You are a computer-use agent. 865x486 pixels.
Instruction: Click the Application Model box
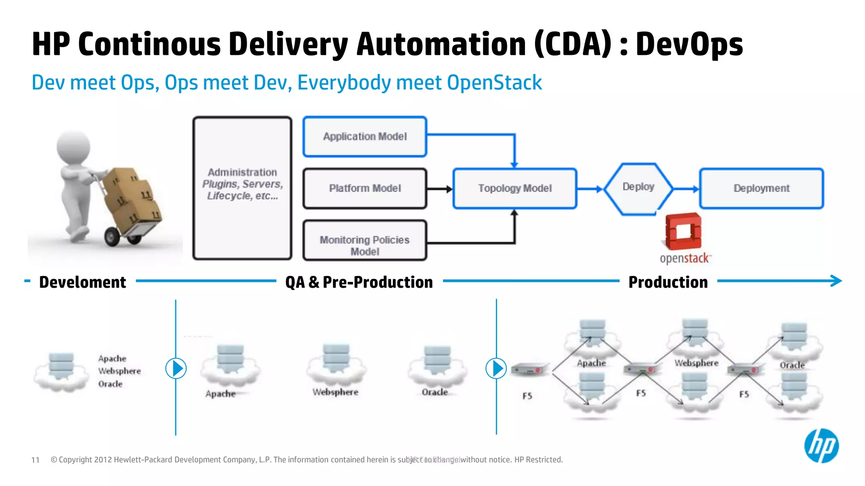pyautogui.click(x=365, y=137)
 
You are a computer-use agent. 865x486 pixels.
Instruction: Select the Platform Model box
pyautogui.click(x=365, y=188)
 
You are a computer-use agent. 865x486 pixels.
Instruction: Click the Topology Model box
pyautogui.click(x=514, y=188)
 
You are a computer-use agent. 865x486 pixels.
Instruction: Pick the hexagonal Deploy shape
pyautogui.click(x=638, y=188)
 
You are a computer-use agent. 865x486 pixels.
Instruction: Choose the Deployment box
pyautogui.click(x=761, y=188)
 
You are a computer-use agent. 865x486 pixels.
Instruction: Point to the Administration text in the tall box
pyautogui.click(x=242, y=173)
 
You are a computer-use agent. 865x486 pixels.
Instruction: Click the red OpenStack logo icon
pyautogui.click(x=683, y=232)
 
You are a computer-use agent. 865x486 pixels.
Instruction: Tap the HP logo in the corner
pyautogui.click(x=821, y=446)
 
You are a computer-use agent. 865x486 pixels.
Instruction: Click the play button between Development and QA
pyautogui.click(x=176, y=368)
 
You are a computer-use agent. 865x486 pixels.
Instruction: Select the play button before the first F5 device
pyautogui.click(x=496, y=368)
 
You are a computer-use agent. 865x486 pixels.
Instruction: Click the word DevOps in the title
pyautogui.click(x=689, y=45)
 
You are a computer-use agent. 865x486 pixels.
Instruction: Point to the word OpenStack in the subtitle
pyautogui.click(x=494, y=83)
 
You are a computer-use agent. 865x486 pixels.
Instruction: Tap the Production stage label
pyautogui.click(x=668, y=282)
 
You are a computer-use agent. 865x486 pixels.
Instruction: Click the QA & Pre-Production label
pyautogui.click(x=359, y=282)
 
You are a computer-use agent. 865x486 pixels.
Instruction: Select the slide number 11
pyautogui.click(x=35, y=460)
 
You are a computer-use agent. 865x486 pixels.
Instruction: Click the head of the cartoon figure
pyautogui.click(x=74, y=147)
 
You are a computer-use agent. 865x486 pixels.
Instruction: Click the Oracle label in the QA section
pyautogui.click(x=435, y=392)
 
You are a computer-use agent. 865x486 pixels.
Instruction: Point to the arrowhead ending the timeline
pyautogui.click(x=837, y=281)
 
